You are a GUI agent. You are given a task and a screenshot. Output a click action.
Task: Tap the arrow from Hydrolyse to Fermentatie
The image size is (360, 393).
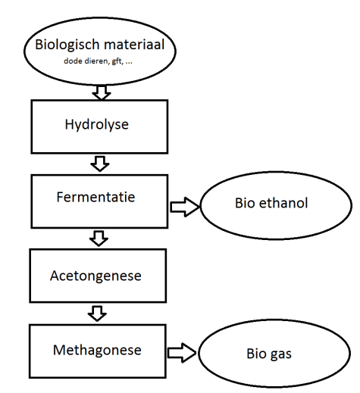tap(99, 163)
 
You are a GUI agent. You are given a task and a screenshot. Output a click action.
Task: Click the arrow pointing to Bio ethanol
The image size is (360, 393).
tap(182, 205)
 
